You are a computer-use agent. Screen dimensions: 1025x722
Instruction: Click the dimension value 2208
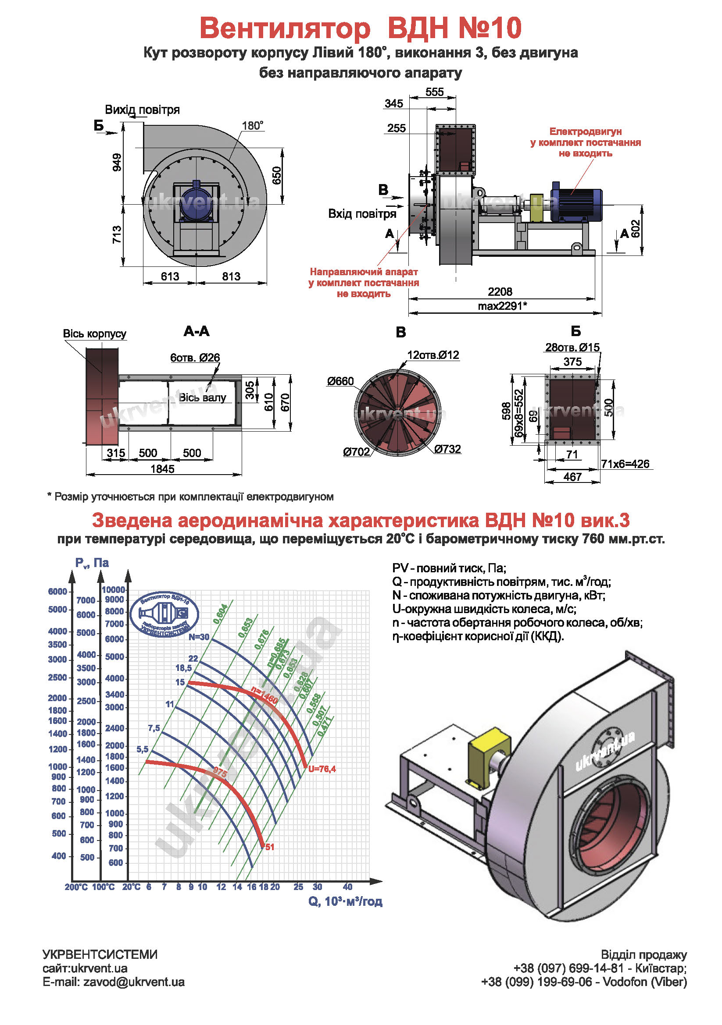point(500,292)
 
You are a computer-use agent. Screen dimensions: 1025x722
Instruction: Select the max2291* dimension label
point(502,306)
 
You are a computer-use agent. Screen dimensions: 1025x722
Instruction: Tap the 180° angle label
point(252,126)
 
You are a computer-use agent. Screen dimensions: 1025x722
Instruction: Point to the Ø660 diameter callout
point(340,381)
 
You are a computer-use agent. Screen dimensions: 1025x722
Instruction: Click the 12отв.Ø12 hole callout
point(432,355)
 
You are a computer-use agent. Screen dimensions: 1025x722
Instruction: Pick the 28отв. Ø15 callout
point(572,348)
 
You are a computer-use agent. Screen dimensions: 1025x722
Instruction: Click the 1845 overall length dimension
point(162,469)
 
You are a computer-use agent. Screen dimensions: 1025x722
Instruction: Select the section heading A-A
point(196,331)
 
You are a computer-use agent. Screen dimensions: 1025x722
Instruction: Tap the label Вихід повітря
point(142,110)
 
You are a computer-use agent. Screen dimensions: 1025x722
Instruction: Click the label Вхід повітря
point(362,214)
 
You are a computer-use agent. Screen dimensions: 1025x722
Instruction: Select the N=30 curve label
point(198,637)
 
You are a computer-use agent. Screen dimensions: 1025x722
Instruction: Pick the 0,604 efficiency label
point(220,614)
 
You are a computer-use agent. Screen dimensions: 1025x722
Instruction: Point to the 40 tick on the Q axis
point(347,887)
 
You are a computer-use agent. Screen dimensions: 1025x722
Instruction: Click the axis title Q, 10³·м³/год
point(345,901)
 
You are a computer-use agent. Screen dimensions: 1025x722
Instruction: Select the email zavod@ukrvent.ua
point(114,982)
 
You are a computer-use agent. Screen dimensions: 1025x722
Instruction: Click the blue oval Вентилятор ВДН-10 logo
point(164,614)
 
